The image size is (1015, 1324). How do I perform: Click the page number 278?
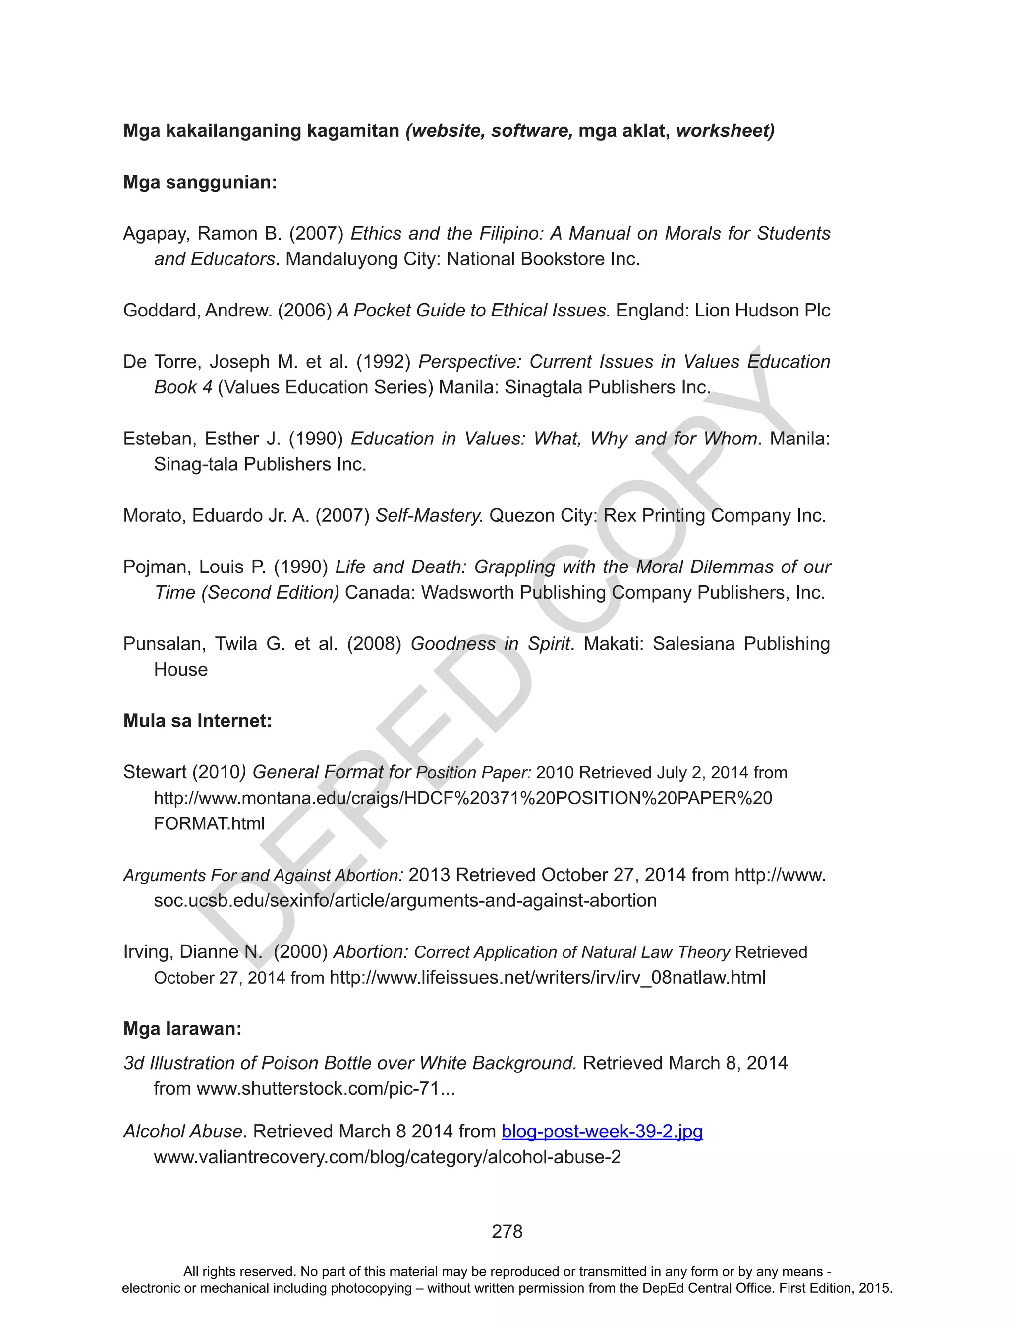click(x=507, y=1232)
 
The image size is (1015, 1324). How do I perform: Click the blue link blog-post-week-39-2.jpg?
click(x=602, y=1131)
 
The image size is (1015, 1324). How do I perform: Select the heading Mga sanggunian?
click(x=200, y=182)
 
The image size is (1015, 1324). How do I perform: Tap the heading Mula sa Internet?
click(x=198, y=721)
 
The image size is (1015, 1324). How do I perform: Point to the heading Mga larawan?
click(x=182, y=1028)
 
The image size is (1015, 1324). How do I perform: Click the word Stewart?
click(x=155, y=772)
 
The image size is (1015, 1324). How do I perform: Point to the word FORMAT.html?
click(x=210, y=823)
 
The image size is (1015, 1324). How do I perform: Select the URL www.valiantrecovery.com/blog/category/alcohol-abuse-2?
click(x=387, y=1157)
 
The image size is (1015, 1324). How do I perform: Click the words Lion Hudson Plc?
click(x=762, y=310)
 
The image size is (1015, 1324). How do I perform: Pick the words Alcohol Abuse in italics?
click(x=183, y=1131)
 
